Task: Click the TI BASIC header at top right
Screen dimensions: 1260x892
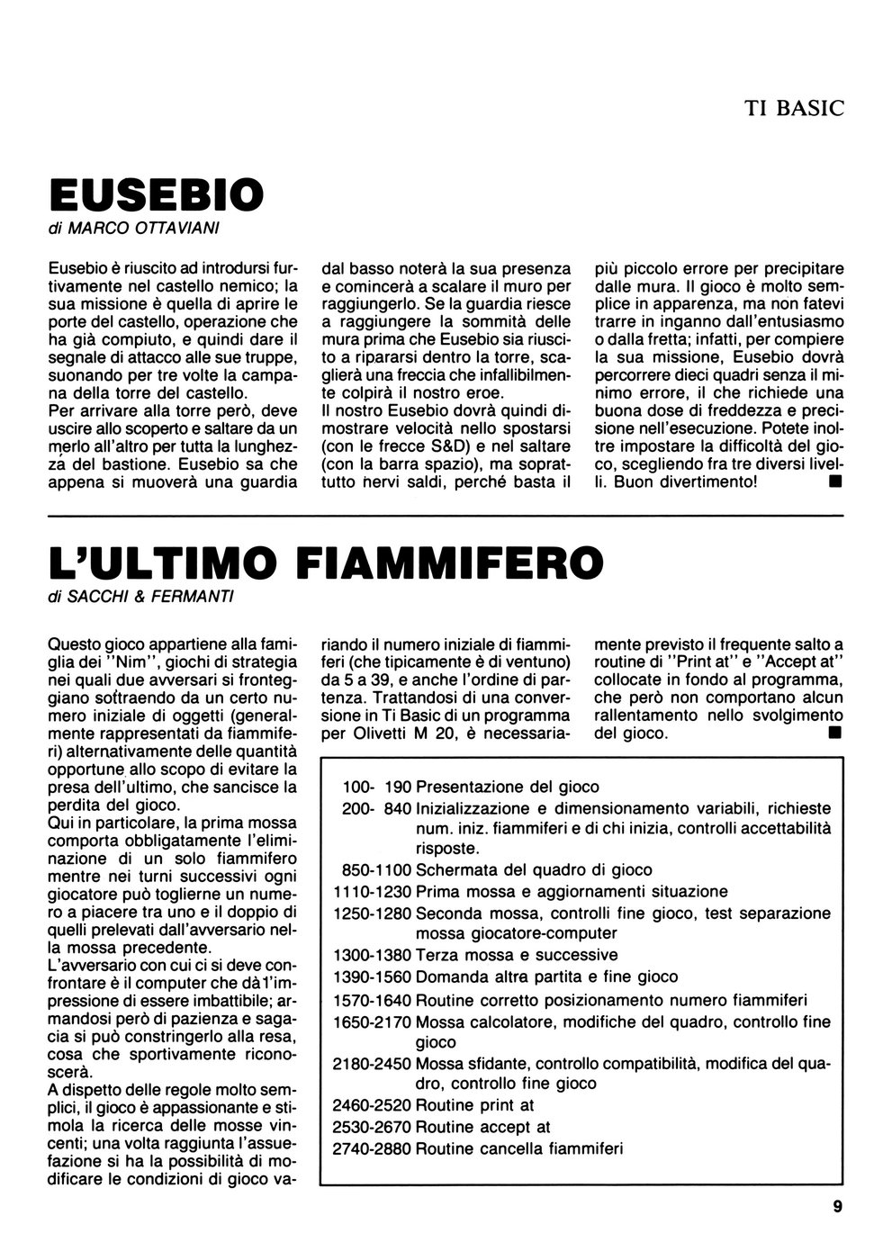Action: point(794,109)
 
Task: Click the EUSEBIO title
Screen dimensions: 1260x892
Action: point(156,193)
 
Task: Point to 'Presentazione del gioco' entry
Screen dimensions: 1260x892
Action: point(508,787)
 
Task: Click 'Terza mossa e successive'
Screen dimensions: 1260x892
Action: point(517,955)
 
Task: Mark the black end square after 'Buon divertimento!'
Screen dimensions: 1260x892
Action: point(835,481)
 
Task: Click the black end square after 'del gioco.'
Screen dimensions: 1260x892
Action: point(835,733)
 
